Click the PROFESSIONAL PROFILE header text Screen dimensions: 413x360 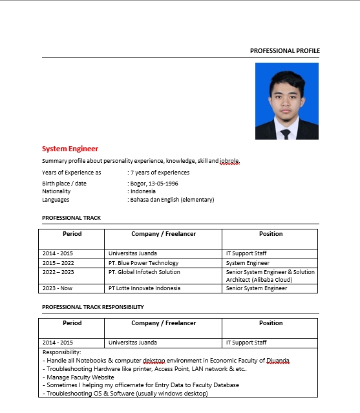(x=284, y=50)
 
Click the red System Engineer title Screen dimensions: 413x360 (x=70, y=149)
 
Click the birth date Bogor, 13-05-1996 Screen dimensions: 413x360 (x=154, y=184)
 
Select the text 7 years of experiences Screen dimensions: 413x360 (x=160, y=173)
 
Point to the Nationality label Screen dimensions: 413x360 (x=56, y=191)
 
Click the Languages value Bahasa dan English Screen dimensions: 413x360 (x=172, y=200)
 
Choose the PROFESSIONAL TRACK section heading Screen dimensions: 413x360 (x=71, y=218)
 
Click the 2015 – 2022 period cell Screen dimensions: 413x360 (x=58, y=263)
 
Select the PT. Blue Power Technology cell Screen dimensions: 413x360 (x=143, y=263)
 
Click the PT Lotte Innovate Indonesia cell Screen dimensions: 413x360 (x=144, y=288)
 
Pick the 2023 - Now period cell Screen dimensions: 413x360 (x=58, y=288)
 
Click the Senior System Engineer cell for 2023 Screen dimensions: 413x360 (x=256, y=288)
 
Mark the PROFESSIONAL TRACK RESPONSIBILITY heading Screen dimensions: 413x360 (x=92, y=307)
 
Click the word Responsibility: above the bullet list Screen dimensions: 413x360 (x=62, y=352)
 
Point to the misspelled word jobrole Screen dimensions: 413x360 (x=229, y=161)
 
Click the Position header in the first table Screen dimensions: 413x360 (x=270, y=234)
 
